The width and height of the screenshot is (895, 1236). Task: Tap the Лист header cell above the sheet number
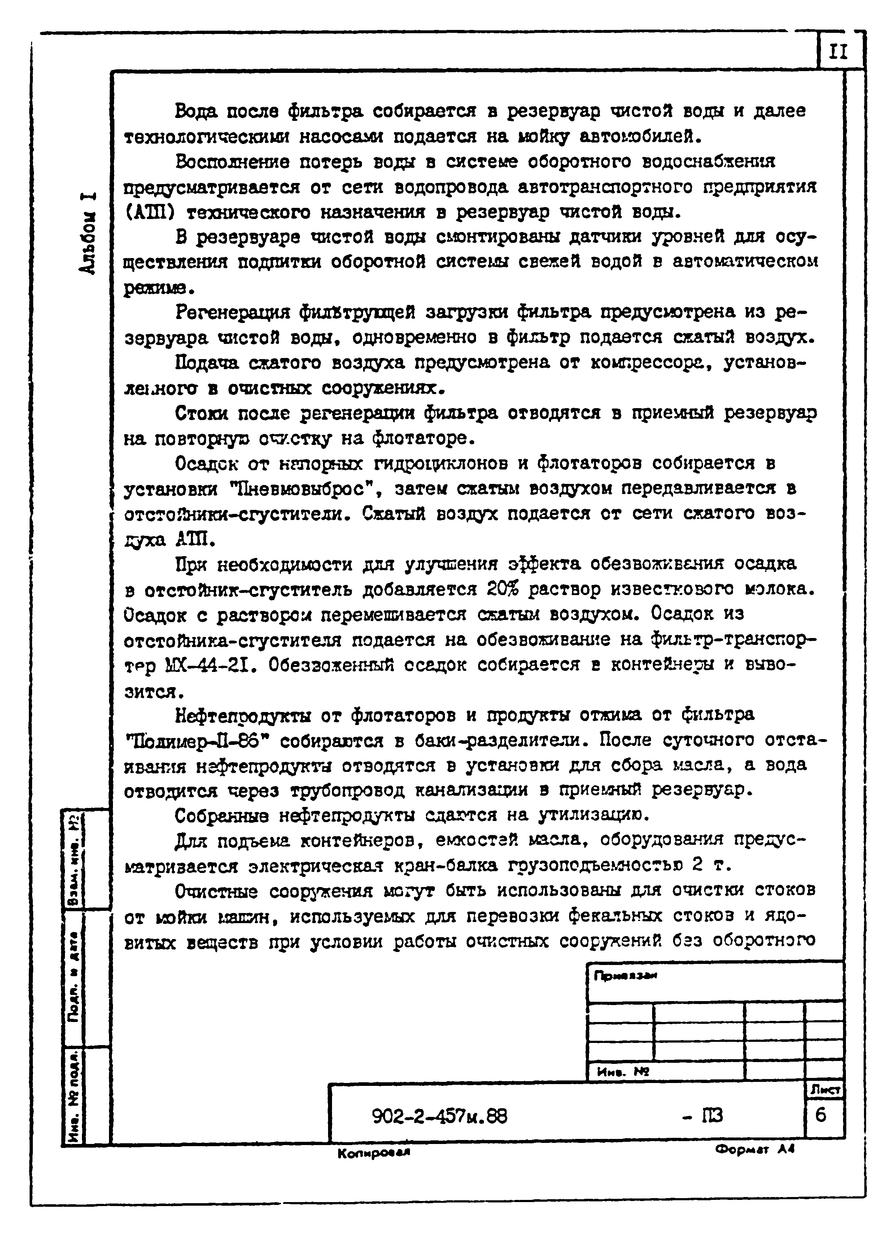(826, 1089)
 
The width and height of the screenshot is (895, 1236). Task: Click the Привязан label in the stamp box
(625, 976)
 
